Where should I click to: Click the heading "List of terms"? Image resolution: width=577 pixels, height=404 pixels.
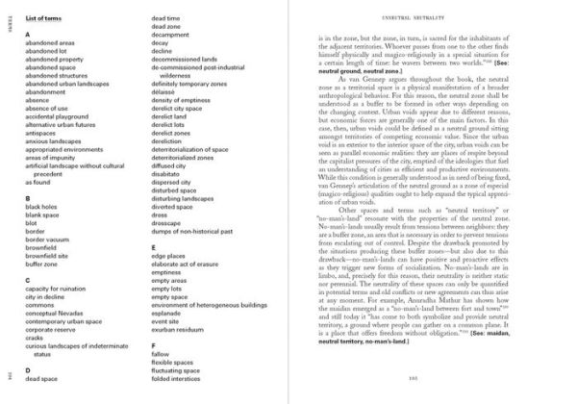tap(53, 19)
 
